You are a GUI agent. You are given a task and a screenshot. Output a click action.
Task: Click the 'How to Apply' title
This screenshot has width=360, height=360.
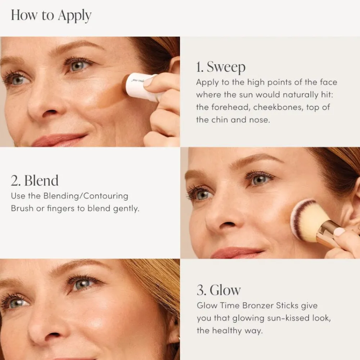(x=51, y=15)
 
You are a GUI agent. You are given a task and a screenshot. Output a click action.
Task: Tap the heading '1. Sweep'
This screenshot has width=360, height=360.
(x=221, y=67)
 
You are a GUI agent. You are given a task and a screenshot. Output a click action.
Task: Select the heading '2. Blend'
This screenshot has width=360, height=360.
(x=35, y=181)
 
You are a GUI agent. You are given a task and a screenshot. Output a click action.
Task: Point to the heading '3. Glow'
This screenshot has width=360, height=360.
(x=219, y=290)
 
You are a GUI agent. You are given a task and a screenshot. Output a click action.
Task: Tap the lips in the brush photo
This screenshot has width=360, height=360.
(x=236, y=253)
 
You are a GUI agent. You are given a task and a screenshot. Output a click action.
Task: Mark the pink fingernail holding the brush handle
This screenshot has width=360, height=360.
(x=339, y=232)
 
